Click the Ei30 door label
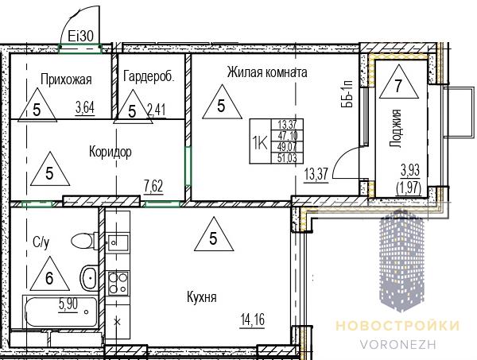80,37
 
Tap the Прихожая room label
66,79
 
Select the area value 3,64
85,107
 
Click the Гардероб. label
149,76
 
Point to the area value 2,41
157,110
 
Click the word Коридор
111,152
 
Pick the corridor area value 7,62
153,186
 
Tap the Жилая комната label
267,72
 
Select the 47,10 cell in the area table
287,135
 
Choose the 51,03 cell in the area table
287,158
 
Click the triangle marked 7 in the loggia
398,82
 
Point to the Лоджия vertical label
396,128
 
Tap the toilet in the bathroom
84,241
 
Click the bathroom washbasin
89,277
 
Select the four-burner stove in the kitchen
118,283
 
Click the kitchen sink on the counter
118,242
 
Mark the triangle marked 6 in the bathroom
49,273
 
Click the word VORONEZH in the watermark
398,344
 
